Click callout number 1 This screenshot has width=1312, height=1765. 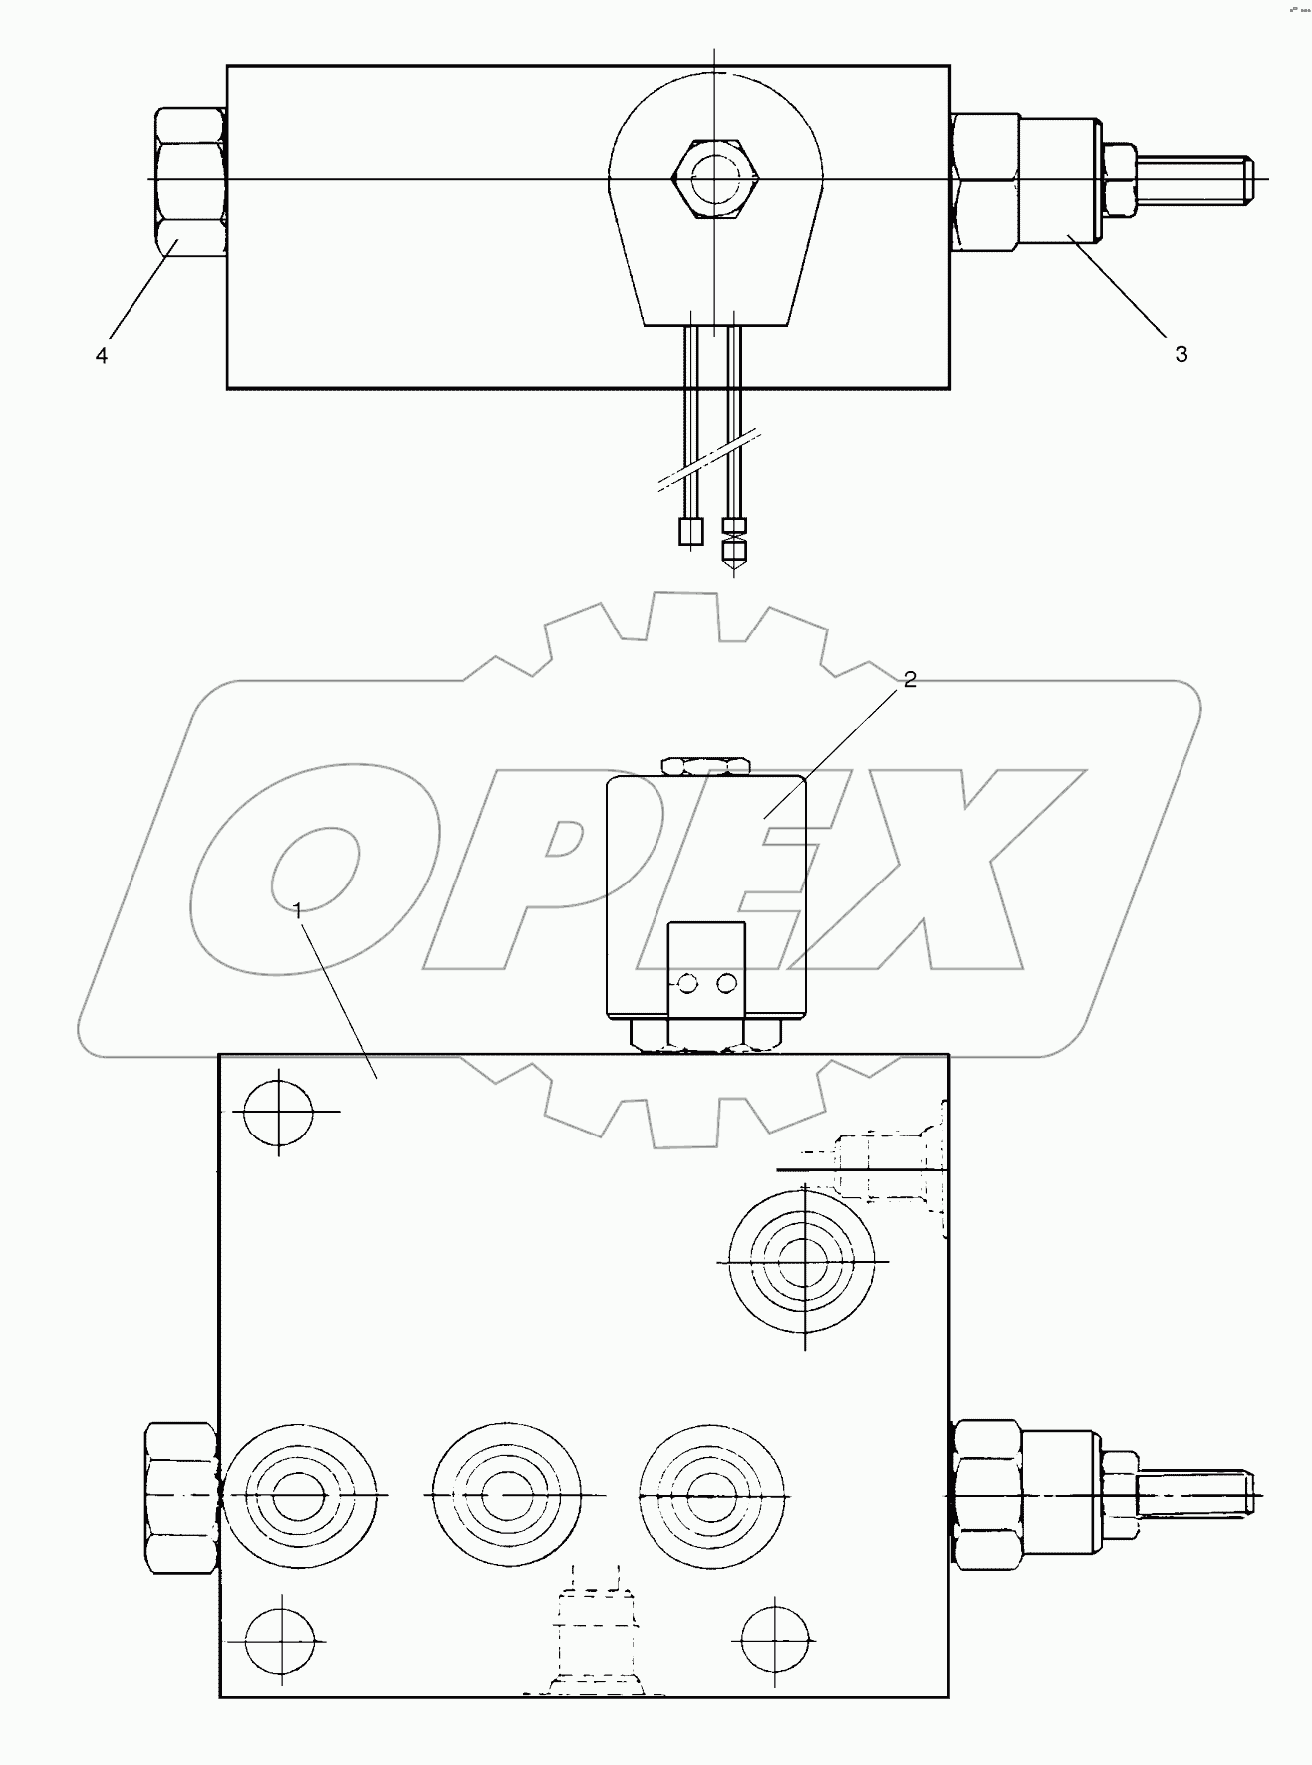pyautogui.click(x=298, y=908)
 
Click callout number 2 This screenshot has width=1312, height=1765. pyautogui.click(x=909, y=680)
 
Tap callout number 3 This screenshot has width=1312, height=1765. pyautogui.click(x=1181, y=354)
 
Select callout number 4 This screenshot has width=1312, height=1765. pyautogui.click(x=102, y=355)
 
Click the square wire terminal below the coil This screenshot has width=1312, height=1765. pyautogui.click(x=690, y=532)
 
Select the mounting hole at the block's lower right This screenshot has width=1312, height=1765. pyautogui.click(x=774, y=1639)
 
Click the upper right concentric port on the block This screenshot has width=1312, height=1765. pyautogui.click(x=803, y=1261)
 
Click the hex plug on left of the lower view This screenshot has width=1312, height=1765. pyautogui.click(x=181, y=1497)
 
